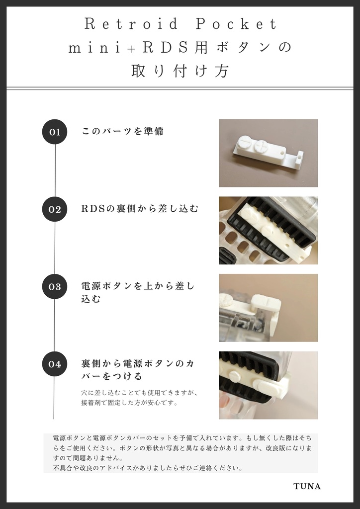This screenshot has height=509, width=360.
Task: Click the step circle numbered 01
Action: point(54,132)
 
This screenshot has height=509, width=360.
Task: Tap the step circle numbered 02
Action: point(54,209)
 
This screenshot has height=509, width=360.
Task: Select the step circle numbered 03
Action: point(54,286)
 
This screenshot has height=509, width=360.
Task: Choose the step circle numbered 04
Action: point(54,364)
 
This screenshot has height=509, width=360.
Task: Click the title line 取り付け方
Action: point(180,71)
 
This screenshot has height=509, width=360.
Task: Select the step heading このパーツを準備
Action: point(122,132)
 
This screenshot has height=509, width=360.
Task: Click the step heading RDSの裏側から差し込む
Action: point(140,209)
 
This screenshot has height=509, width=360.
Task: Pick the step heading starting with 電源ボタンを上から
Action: point(138,292)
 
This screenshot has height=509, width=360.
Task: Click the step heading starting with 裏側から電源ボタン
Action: point(138,369)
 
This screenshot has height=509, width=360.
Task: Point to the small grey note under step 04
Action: point(140,398)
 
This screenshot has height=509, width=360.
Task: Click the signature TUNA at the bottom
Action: point(307,486)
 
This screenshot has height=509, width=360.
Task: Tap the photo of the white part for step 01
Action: point(268,153)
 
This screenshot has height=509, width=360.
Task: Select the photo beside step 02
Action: point(268,230)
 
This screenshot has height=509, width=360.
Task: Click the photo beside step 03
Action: point(268,308)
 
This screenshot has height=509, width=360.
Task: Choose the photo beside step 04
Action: point(268,385)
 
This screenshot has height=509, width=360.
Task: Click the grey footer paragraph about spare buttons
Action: point(180,453)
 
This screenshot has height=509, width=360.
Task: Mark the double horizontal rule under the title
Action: point(180,88)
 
